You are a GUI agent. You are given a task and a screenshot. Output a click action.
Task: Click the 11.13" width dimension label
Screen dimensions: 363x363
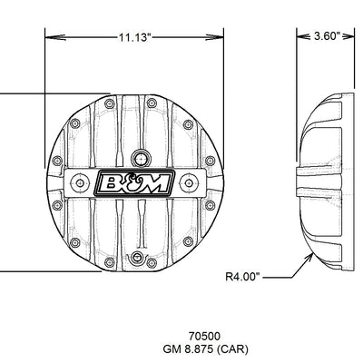click(134, 37)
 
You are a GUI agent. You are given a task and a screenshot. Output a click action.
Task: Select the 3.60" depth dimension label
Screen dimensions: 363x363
click(326, 36)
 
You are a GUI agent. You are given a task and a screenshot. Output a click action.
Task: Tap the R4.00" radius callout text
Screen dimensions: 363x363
click(242, 277)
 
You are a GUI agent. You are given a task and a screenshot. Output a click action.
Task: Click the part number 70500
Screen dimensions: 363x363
click(204, 336)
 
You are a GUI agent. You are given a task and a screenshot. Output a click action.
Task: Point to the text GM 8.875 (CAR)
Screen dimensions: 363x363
click(206, 349)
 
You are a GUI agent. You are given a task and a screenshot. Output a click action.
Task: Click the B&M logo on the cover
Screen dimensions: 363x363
click(135, 183)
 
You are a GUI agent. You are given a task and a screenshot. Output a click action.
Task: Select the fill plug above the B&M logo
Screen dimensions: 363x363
click(141, 158)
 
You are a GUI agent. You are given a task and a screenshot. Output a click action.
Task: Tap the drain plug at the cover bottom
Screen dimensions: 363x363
click(138, 258)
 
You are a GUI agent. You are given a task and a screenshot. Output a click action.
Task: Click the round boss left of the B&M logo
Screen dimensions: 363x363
click(80, 182)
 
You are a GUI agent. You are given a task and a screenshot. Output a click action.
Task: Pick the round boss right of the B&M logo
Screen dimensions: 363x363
click(189, 182)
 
